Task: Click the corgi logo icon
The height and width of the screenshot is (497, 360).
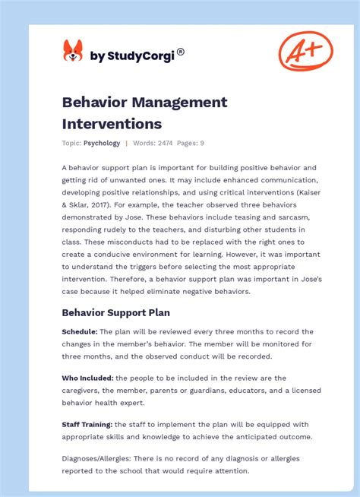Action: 73,52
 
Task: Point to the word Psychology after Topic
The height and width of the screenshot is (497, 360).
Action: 102,143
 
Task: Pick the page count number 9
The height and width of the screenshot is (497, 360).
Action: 202,143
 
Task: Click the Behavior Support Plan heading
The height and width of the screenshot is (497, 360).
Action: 115,312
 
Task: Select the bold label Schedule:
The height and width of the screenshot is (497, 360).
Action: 79,331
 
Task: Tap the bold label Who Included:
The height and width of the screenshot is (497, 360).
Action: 87,378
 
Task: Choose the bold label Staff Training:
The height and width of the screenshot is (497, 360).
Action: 87,424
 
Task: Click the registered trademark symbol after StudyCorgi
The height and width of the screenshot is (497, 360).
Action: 180,52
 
